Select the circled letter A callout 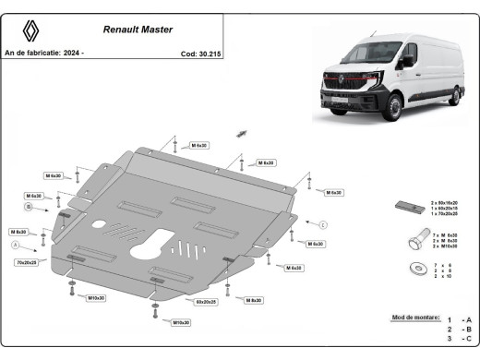[14, 246]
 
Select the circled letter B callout [29, 208]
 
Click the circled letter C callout [323, 224]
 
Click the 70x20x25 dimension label [26, 263]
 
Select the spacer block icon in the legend [408, 207]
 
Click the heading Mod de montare [416, 317]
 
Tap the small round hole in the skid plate [98, 223]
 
